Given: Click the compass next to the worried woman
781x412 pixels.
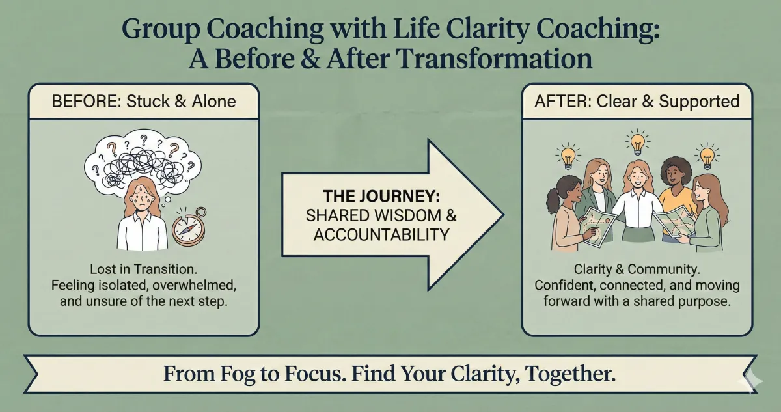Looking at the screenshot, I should coord(189,228).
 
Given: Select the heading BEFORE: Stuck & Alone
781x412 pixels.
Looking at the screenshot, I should coord(143,102).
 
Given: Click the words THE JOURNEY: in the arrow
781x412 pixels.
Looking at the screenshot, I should coord(381,195).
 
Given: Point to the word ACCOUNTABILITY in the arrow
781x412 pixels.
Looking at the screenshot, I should coord(381,234).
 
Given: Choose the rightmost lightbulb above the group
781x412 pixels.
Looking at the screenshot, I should coord(706,157).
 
